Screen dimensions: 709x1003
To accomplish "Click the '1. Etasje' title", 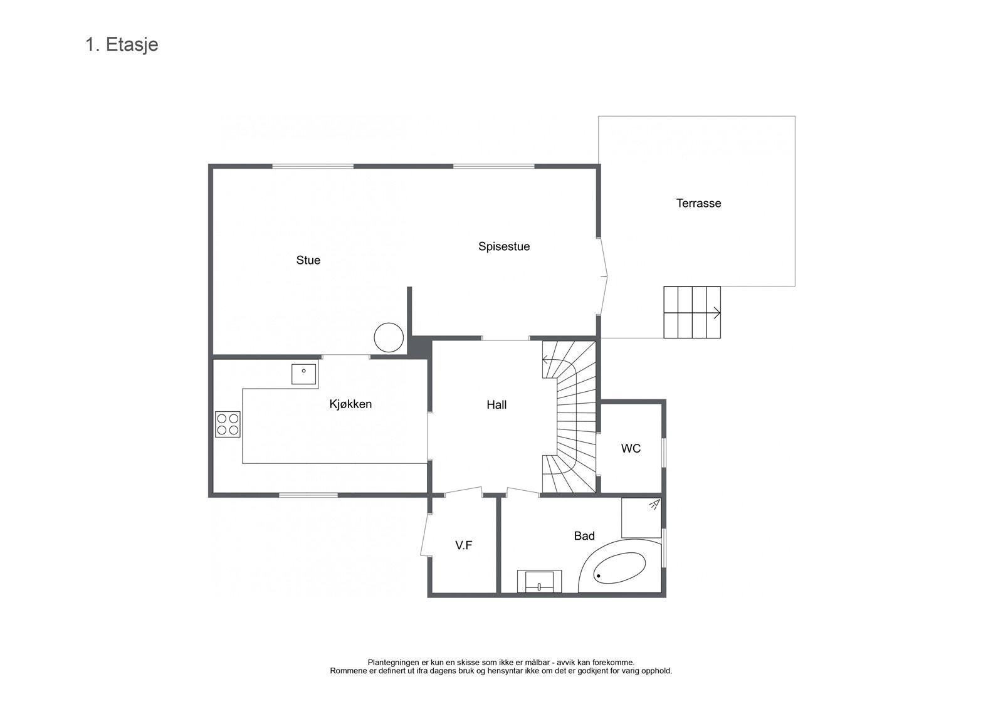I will (x=122, y=45).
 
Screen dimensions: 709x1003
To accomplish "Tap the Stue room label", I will (x=308, y=260).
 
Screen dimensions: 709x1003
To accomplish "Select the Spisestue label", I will (x=503, y=246).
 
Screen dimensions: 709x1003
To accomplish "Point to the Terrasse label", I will (x=698, y=203).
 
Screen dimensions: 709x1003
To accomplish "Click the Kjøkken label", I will (x=350, y=404).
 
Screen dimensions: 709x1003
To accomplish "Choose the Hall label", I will (x=496, y=405).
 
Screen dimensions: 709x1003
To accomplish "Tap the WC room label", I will (x=631, y=448).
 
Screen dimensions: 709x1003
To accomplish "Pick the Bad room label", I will (x=584, y=536).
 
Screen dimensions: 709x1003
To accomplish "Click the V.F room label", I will (x=463, y=545).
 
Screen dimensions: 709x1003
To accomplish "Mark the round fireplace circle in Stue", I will (x=389, y=337).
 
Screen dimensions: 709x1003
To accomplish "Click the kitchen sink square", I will (x=304, y=374).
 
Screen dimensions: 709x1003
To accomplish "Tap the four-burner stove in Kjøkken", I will (x=228, y=424).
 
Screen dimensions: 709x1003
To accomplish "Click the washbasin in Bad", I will (x=539, y=581).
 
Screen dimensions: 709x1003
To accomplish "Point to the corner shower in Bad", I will (x=641, y=517).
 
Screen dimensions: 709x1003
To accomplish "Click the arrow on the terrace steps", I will (x=716, y=313).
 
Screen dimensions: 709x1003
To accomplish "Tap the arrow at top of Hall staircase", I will (x=545, y=360).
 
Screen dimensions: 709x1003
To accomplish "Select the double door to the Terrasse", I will (x=604, y=276).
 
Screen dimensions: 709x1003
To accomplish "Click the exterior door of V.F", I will (x=424, y=535).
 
